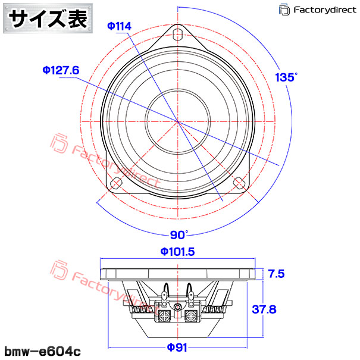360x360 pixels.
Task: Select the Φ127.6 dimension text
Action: (x=61, y=70)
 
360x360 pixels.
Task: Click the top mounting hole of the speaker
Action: (x=178, y=33)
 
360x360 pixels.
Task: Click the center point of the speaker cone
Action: (x=178, y=121)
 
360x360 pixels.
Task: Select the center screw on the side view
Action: (x=178, y=307)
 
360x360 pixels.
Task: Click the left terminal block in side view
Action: (x=163, y=314)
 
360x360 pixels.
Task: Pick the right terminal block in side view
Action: (x=193, y=314)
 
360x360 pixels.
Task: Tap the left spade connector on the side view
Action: (x=165, y=292)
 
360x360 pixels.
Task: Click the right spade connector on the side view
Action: (x=191, y=292)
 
